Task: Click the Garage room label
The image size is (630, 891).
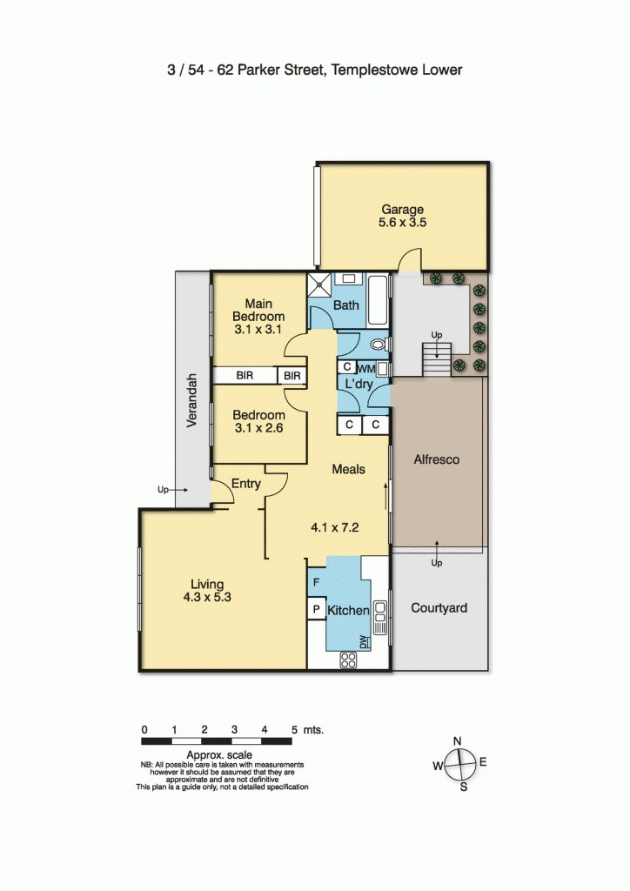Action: click(x=402, y=209)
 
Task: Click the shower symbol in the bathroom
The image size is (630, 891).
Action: click(x=318, y=285)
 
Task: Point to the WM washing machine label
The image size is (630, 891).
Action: click(x=366, y=369)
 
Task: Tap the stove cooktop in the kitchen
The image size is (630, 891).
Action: click(x=349, y=660)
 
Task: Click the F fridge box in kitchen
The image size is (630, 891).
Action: click(x=316, y=581)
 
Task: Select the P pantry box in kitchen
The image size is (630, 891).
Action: click(x=316, y=610)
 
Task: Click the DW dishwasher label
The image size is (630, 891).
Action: click(x=364, y=643)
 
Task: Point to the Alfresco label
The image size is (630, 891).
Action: click(x=438, y=459)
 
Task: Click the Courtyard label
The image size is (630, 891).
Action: click(x=439, y=607)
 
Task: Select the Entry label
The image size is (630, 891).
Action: click(x=246, y=483)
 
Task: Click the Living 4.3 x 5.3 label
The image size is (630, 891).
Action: click(x=209, y=591)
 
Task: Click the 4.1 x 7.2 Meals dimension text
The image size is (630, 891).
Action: click(x=335, y=526)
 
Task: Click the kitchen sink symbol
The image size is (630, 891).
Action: click(x=379, y=613)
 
